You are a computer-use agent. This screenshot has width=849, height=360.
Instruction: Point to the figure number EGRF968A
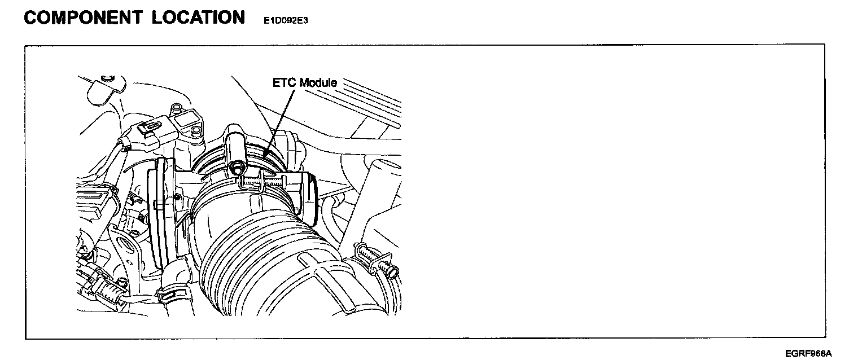coord(808,353)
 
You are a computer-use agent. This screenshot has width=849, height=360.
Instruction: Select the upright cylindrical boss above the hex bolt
coord(235,144)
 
